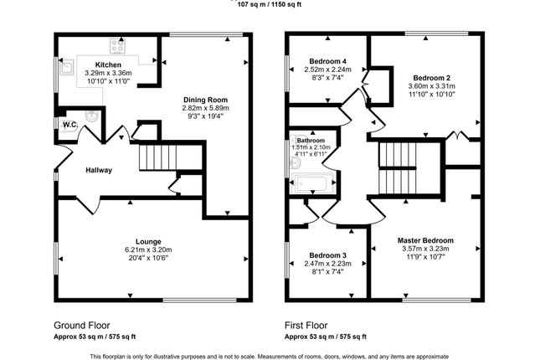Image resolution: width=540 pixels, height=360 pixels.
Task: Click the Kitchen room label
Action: tap(108, 64)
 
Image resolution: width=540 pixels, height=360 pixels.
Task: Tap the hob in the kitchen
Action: tap(117, 46)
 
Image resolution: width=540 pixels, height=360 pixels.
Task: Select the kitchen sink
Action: tap(66, 67)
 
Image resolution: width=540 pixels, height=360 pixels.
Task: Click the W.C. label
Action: tap(70, 125)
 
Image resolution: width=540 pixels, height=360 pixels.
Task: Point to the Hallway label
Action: tap(99, 170)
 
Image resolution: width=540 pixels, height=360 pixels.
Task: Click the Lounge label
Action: tap(148, 241)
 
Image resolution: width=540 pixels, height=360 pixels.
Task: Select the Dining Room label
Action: tap(206, 100)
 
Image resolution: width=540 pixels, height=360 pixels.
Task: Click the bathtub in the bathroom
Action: tap(313, 183)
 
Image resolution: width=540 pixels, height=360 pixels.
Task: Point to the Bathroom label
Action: tap(311, 141)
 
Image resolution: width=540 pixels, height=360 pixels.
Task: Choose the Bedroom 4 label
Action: tap(328, 61)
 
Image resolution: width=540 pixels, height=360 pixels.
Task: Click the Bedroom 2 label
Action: tap(431, 78)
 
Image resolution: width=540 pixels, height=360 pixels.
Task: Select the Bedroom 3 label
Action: tap(328, 255)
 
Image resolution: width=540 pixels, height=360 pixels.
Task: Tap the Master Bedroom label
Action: tap(425, 240)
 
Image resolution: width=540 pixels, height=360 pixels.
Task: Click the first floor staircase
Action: tap(398, 168)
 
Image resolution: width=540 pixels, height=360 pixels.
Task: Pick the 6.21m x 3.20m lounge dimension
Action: tap(148, 249)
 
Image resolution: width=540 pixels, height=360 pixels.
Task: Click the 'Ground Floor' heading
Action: tap(82, 326)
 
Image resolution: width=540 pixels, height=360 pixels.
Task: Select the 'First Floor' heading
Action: tap(306, 326)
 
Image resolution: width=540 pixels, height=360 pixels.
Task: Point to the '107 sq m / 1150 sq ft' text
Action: tap(270, 5)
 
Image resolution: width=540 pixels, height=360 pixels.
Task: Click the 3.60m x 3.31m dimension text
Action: tap(431, 86)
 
